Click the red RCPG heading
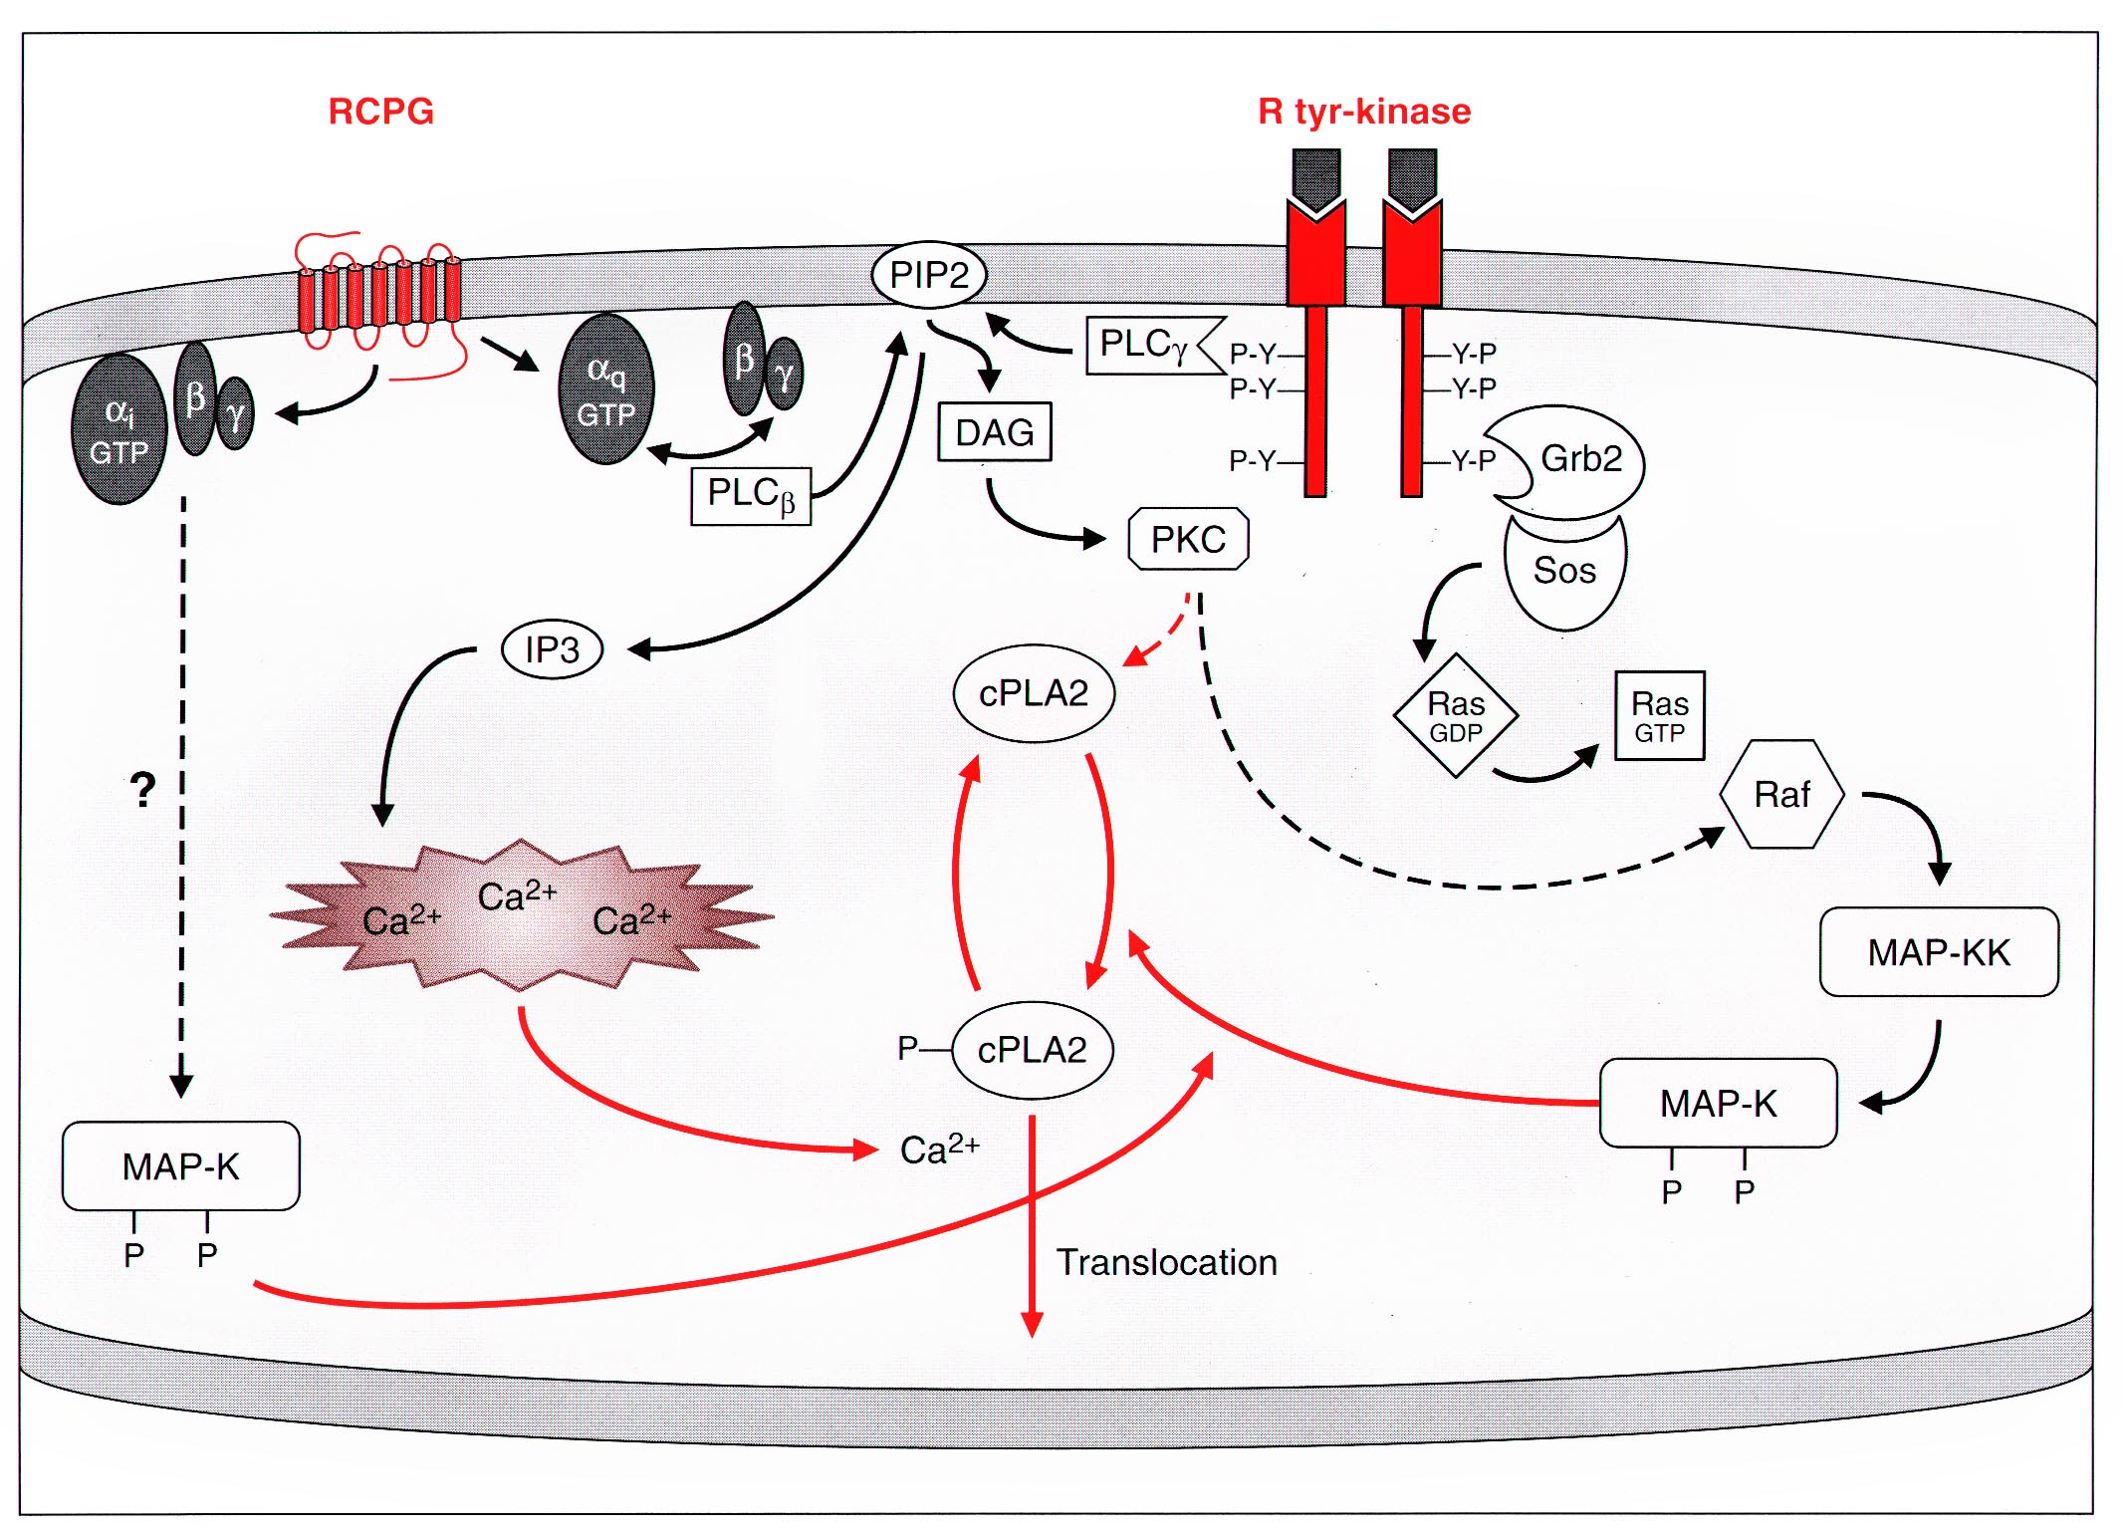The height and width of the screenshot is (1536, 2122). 381,111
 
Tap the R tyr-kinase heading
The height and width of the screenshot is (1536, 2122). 1363,111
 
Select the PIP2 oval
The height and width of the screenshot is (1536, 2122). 928,275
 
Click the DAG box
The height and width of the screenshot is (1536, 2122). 994,432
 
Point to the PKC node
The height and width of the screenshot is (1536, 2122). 1188,540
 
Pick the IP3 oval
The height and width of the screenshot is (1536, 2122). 552,650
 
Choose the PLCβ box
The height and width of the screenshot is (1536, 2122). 751,495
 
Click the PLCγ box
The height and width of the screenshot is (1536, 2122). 1145,346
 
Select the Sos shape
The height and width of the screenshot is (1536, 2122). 1564,572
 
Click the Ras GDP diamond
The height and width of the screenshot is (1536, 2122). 1456,716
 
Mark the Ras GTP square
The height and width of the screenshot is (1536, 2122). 1659,716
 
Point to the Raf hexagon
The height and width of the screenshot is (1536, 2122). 1781,794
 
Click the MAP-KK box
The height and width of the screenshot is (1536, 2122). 1938,952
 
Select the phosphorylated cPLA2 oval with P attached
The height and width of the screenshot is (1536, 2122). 1032,1050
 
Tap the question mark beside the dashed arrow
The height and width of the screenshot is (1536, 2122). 143,790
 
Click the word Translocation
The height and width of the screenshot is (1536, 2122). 1166,1263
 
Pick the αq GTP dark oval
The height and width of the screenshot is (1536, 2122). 606,390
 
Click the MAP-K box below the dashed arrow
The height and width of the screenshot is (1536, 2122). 180,1166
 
